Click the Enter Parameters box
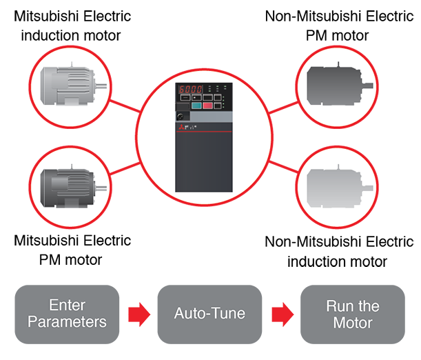click(68, 314)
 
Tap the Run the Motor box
click(352, 314)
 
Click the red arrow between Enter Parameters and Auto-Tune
click(138, 314)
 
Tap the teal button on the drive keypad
click(196, 106)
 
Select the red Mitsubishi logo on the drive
click(181, 128)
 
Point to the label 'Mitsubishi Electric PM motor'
click(72, 250)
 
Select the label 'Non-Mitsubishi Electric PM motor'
click(339, 25)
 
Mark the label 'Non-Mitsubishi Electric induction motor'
click(339, 251)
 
